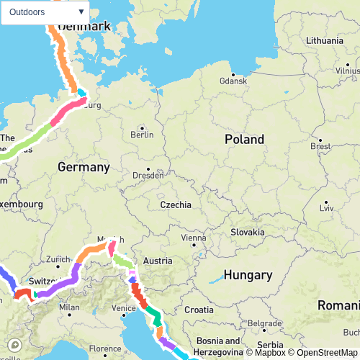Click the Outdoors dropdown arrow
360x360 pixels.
pyautogui.click(x=81, y=12)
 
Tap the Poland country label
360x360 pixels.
pyautogui.click(x=244, y=139)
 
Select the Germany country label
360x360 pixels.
pyautogui.click(x=84, y=167)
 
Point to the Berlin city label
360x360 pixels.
pyautogui.click(x=143, y=134)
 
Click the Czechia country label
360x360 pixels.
pyautogui.click(x=176, y=204)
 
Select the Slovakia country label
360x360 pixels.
pyautogui.click(x=248, y=232)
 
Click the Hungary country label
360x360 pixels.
pyautogui.click(x=248, y=275)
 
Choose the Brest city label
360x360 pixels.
pyautogui.click(x=320, y=145)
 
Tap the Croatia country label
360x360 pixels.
pyautogui.click(x=199, y=309)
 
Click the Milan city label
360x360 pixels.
pyautogui.click(x=69, y=307)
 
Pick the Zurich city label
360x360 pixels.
pyautogui.click(x=58, y=259)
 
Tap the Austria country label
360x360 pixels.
pyautogui.click(x=158, y=261)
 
